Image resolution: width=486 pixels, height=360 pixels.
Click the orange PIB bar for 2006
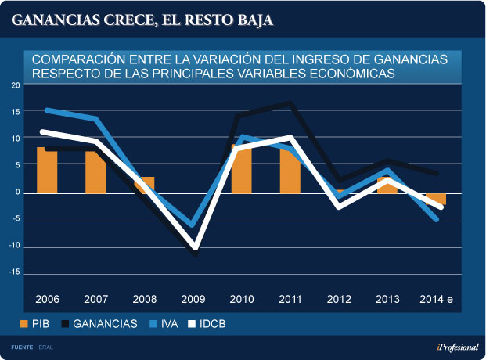(x=47, y=171)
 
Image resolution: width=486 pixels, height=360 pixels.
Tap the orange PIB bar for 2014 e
(x=437, y=199)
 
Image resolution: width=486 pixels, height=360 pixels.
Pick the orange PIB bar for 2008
(x=144, y=185)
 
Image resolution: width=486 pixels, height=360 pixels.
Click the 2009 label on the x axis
(x=193, y=299)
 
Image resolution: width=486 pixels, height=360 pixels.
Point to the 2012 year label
(x=339, y=299)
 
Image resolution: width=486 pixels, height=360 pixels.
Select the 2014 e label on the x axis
(x=437, y=299)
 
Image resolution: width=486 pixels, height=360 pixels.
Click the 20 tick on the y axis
(x=16, y=85)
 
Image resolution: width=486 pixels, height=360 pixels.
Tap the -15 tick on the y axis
(x=15, y=275)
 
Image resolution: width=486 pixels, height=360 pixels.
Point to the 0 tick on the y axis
(x=18, y=193)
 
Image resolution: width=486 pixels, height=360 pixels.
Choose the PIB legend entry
(x=35, y=323)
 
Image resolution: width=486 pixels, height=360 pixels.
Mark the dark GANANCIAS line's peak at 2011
(x=291, y=104)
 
